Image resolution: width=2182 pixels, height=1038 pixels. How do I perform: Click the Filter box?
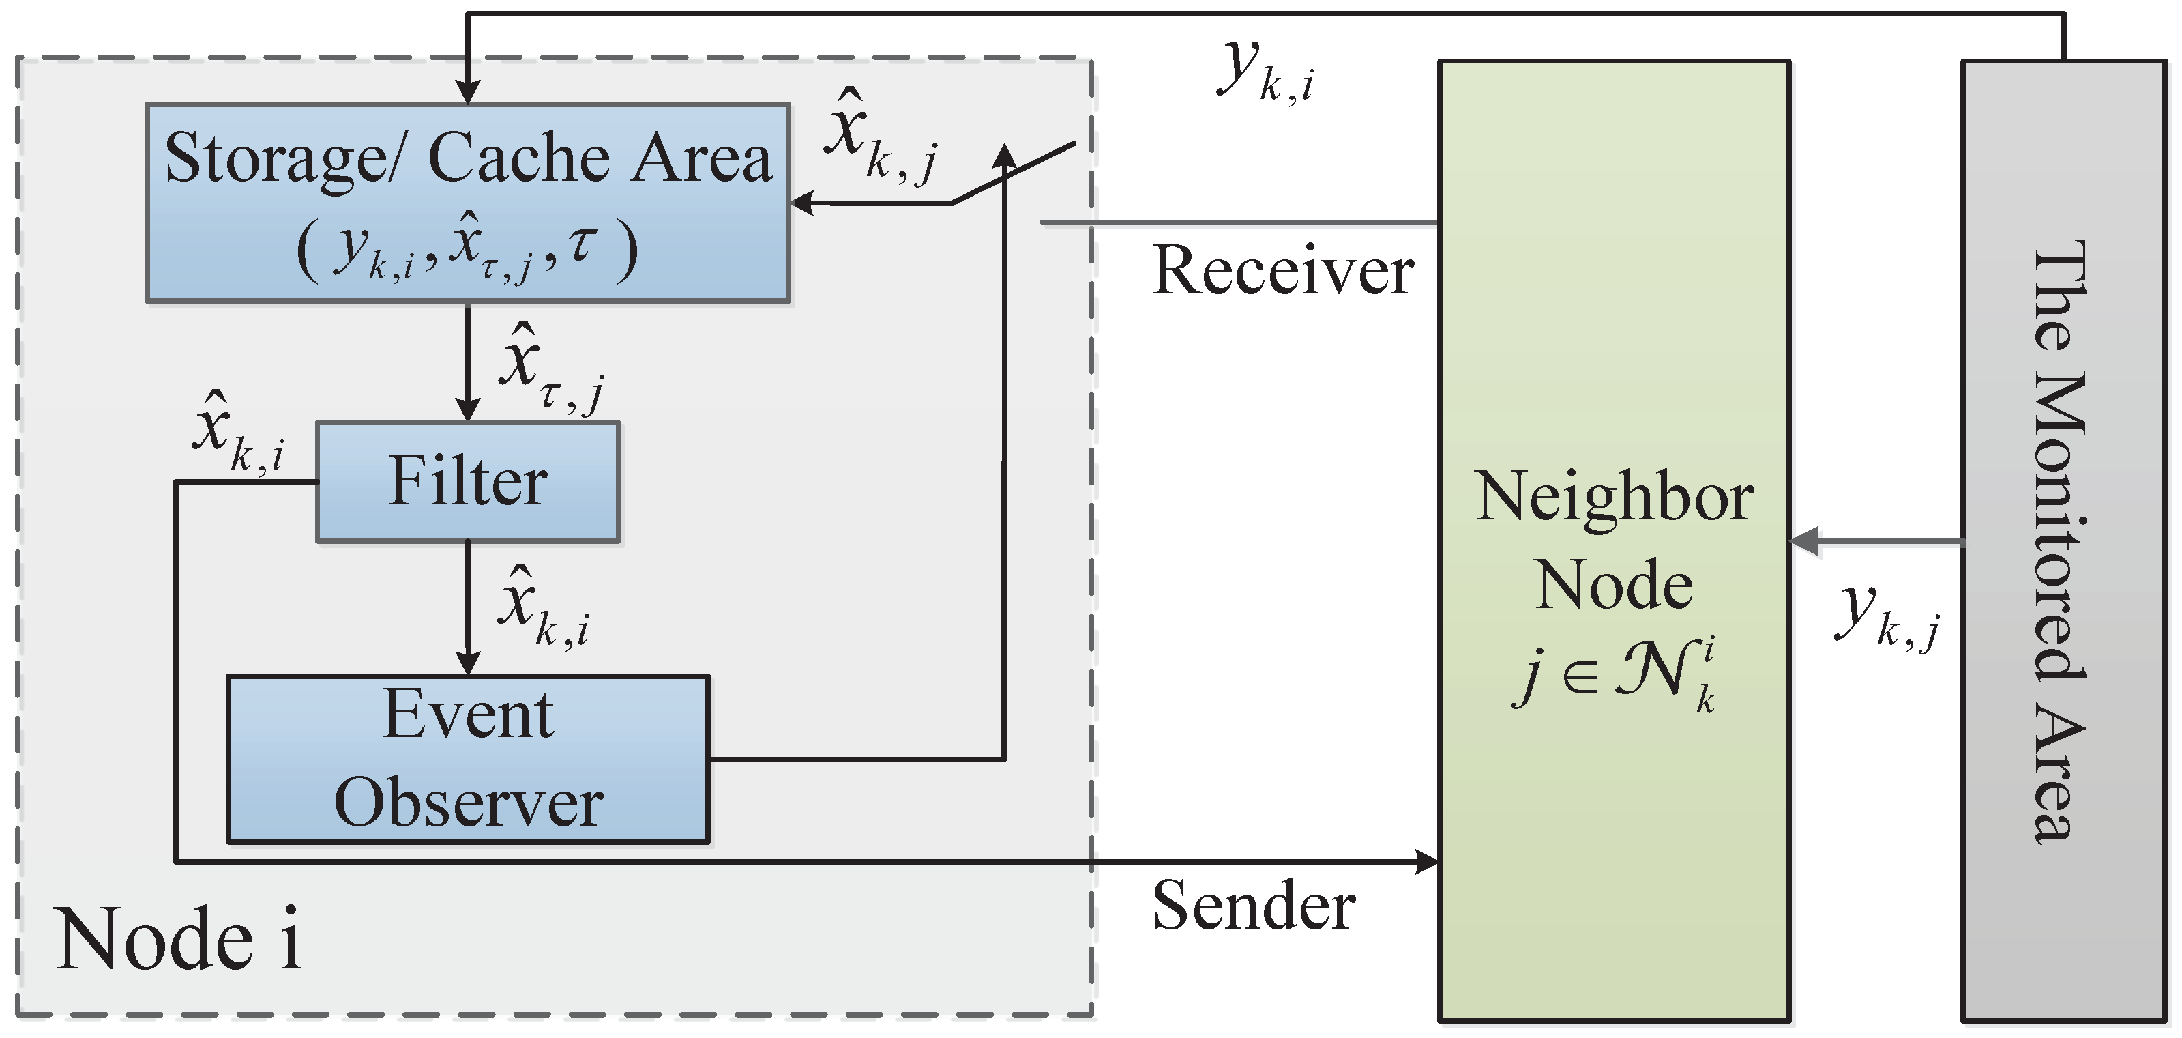point(468,481)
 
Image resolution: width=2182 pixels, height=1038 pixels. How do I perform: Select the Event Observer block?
point(468,758)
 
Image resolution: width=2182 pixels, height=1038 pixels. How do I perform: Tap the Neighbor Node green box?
point(1614,339)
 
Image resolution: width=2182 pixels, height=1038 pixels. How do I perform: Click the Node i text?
point(178,940)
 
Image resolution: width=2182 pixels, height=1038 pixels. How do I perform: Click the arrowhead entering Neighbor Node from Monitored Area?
point(1804,541)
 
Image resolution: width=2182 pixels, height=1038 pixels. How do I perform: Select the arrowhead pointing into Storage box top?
point(468,92)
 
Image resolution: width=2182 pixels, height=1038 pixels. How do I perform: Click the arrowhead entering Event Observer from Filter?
point(468,663)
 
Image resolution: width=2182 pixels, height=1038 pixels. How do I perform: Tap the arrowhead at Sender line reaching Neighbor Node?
point(1428,862)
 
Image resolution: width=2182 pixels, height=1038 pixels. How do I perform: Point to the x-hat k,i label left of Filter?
point(237,432)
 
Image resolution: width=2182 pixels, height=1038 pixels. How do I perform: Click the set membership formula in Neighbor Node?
point(1614,674)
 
